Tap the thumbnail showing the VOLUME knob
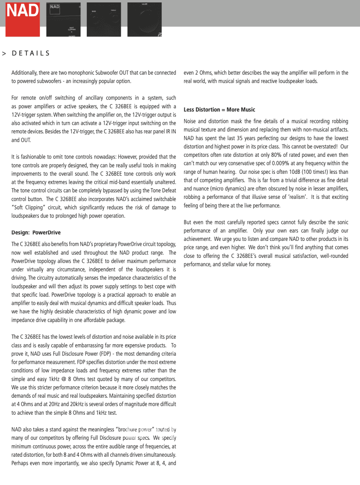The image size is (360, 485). click(144, 19)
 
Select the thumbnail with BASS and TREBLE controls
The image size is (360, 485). click(104, 19)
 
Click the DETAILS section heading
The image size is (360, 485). click(31, 53)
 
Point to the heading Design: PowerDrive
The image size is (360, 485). click(36, 232)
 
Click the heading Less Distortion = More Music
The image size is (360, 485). click(219, 110)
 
